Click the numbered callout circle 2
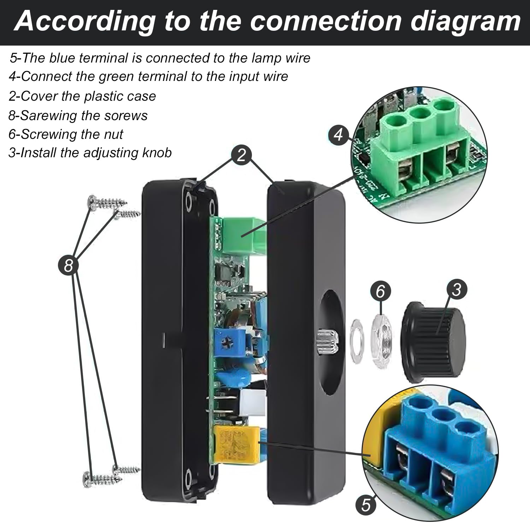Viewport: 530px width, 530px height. [x=242, y=155]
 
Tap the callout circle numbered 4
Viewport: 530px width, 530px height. [x=338, y=135]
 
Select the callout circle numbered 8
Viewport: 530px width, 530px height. [x=68, y=265]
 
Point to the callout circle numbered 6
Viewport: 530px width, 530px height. [x=381, y=291]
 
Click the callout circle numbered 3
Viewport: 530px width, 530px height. [x=457, y=289]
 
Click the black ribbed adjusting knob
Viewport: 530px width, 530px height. [x=434, y=341]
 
